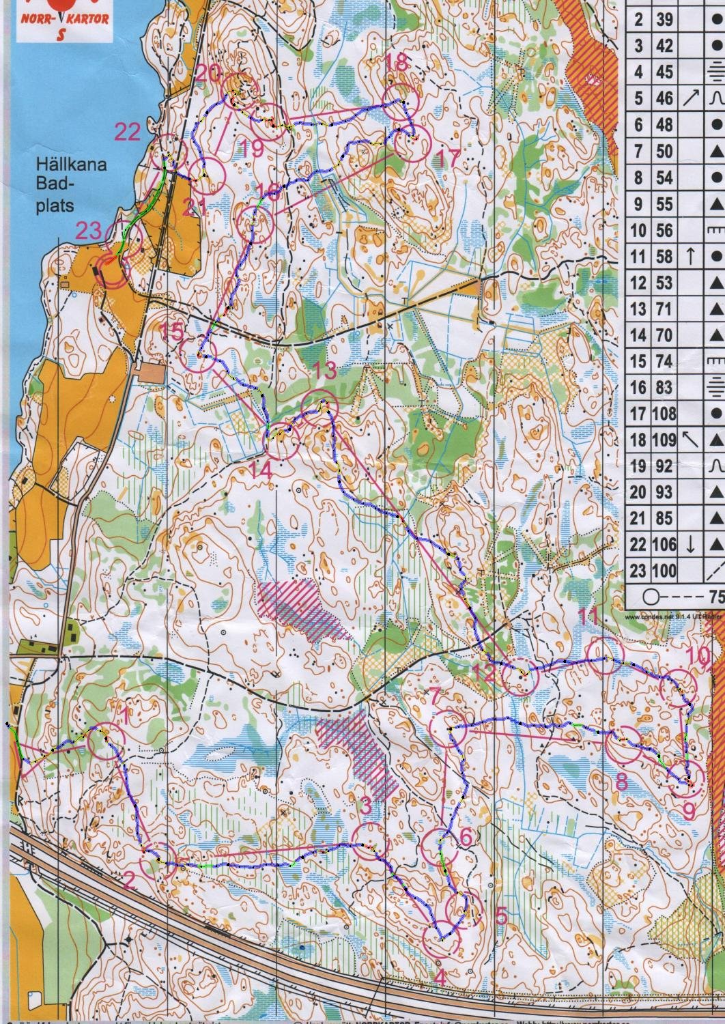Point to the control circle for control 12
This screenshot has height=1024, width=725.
(520, 676)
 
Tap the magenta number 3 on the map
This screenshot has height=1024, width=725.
(366, 806)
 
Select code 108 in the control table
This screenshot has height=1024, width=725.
(664, 414)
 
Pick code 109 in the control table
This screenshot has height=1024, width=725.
(664, 440)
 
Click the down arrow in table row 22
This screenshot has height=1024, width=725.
(690, 545)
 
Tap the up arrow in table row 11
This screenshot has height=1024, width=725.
(690, 257)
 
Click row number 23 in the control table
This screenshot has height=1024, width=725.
(638, 571)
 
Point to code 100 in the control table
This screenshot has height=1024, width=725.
(664, 571)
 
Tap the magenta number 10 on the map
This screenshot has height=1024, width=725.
(698, 656)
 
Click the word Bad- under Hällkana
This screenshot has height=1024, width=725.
(54, 185)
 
